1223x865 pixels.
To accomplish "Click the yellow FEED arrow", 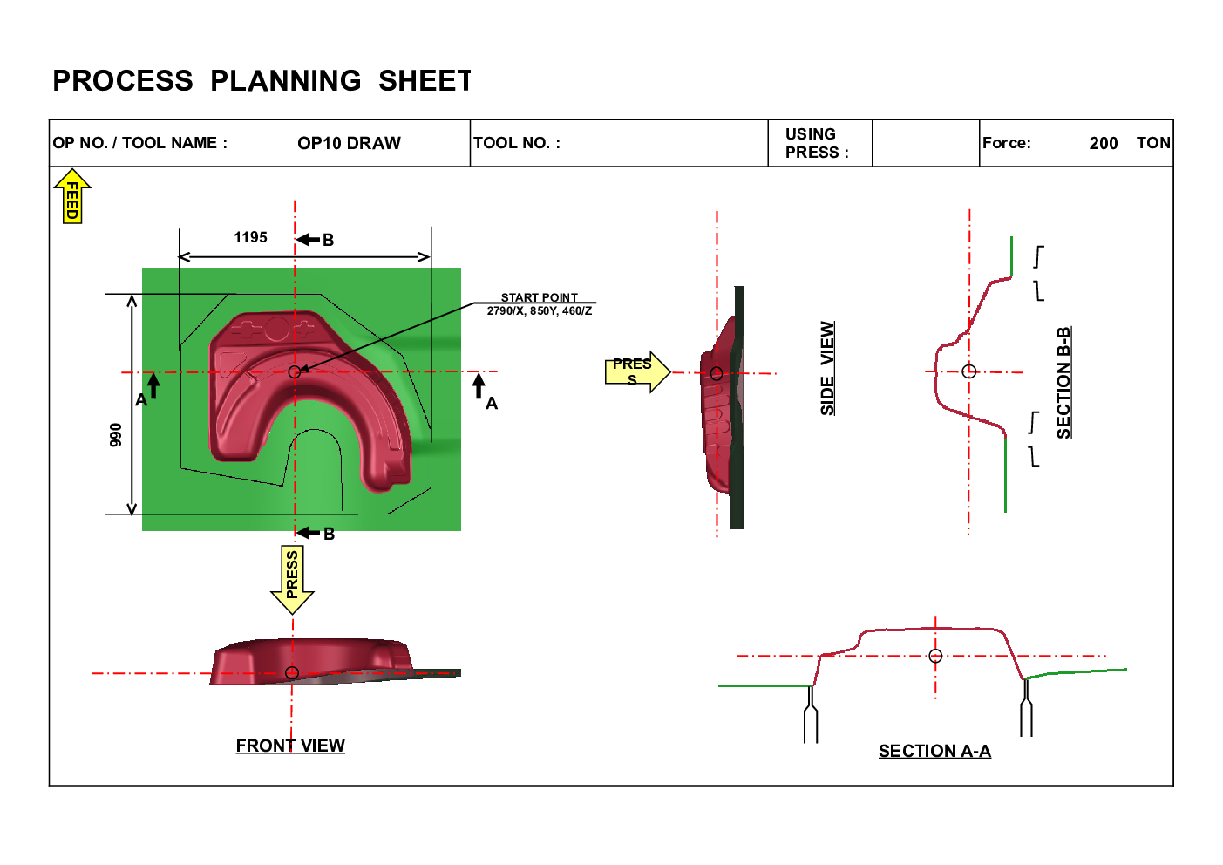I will coord(72,196).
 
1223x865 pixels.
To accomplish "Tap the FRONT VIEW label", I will coord(289,746).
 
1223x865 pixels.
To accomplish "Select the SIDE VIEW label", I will coord(828,370).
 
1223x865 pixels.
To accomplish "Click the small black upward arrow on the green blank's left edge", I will coord(153,385).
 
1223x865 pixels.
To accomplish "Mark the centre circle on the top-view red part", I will coord(295,372).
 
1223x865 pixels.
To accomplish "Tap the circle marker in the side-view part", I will coord(717,374).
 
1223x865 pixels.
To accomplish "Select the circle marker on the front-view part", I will coord(292,672).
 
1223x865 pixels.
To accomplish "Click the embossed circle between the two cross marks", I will coord(276,329).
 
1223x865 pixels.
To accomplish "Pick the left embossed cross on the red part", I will coord(247,330).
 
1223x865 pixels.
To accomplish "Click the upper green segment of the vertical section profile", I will coord(1011,256).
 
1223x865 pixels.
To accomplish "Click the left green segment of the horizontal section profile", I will coord(765,685).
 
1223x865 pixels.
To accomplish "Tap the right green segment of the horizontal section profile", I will coord(1081,671).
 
